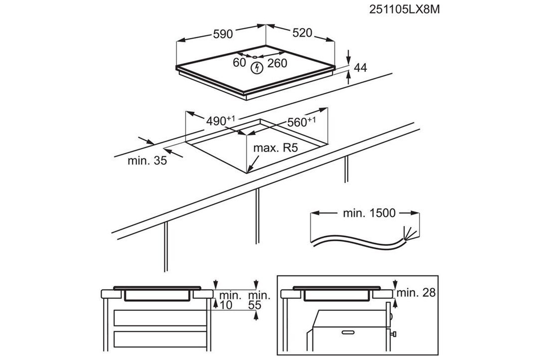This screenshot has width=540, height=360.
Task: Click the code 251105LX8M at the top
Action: coord(405,9)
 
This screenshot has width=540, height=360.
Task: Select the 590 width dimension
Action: coord(223,34)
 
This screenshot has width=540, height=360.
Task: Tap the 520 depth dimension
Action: coord(302,33)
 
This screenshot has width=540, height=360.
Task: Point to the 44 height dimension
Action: coord(360,68)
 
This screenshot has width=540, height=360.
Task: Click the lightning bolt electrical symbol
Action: coord(257,68)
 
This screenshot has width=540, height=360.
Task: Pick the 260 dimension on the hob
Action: coord(277,63)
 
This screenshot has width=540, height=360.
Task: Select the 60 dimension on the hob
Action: coord(239,63)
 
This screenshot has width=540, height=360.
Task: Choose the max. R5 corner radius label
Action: coord(275,148)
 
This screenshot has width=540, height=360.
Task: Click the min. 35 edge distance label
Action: coord(147,161)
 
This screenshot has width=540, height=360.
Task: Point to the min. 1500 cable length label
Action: coord(369,213)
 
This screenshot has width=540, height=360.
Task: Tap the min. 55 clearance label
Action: coord(259,300)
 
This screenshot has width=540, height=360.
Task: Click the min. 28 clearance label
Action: coord(416,293)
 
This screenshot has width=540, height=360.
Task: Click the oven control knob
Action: coord(393,334)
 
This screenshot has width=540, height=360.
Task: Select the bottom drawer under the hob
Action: coord(160,339)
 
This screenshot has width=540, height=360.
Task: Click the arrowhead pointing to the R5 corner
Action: coord(250,169)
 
